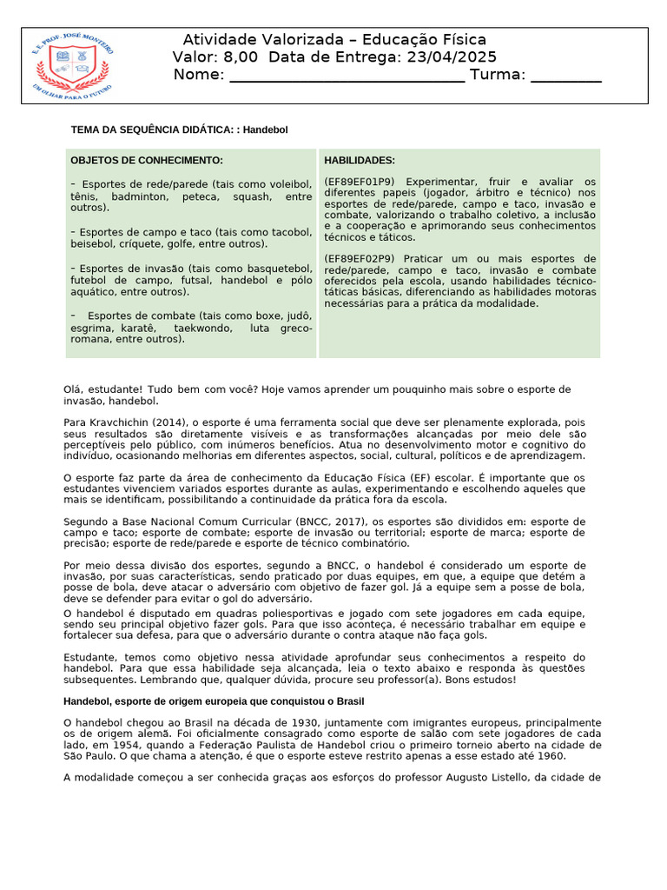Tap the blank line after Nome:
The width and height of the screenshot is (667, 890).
(x=346, y=76)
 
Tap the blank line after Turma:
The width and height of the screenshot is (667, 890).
(x=565, y=76)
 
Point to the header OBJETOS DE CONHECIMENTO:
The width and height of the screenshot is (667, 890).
(x=147, y=160)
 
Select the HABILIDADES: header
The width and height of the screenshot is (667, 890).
(x=360, y=160)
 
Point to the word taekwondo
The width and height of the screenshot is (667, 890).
(x=202, y=329)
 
